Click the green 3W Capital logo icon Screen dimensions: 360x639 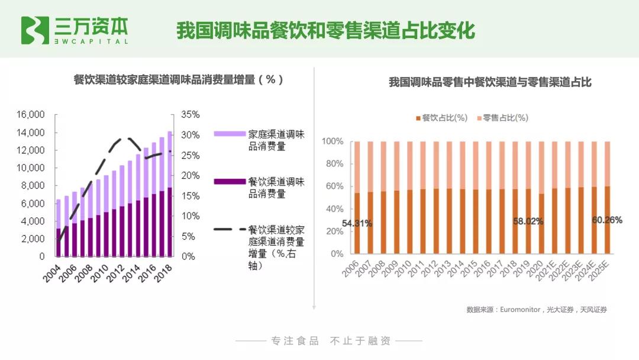(x=35, y=30)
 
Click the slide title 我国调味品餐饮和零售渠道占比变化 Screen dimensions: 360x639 (x=325, y=30)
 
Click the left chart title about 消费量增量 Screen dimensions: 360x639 (x=178, y=79)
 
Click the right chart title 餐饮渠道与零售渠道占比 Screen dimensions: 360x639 (x=490, y=82)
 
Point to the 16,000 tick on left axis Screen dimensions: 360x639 (x=30, y=114)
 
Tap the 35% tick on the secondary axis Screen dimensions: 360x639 (x=191, y=114)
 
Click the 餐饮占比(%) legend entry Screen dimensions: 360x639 (x=441, y=118)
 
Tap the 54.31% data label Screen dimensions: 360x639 (x=357, y=223)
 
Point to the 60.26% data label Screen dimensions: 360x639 (x=607, y=220)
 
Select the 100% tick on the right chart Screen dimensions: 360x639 (x=333, y=142)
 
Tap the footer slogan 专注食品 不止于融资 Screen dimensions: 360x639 (x=331, y=341)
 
